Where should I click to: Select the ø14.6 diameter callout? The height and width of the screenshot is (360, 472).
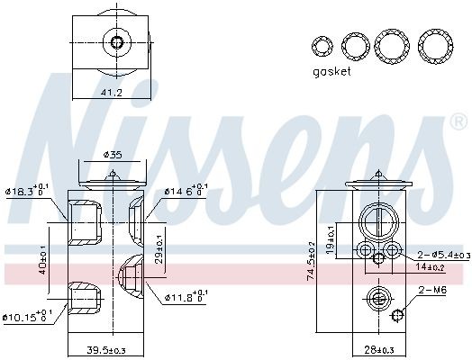coord(185,191)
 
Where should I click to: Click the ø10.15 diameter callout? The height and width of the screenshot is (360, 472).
coord(26,316)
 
